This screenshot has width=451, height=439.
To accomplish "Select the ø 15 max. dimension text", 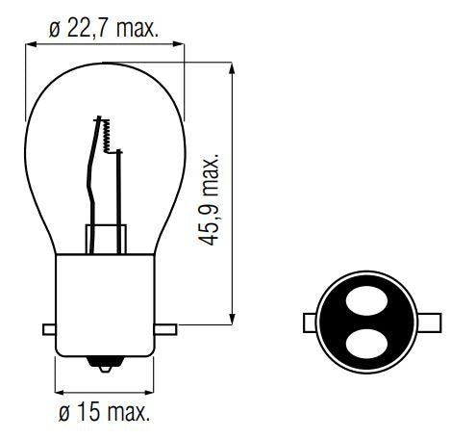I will (x=104, y=414).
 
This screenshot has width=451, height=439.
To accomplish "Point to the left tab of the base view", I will (x=307, y=321).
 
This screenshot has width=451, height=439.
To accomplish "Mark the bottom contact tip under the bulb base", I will (x=105, y=367).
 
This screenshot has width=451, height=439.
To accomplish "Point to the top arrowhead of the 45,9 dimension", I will (x=233, y=69).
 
